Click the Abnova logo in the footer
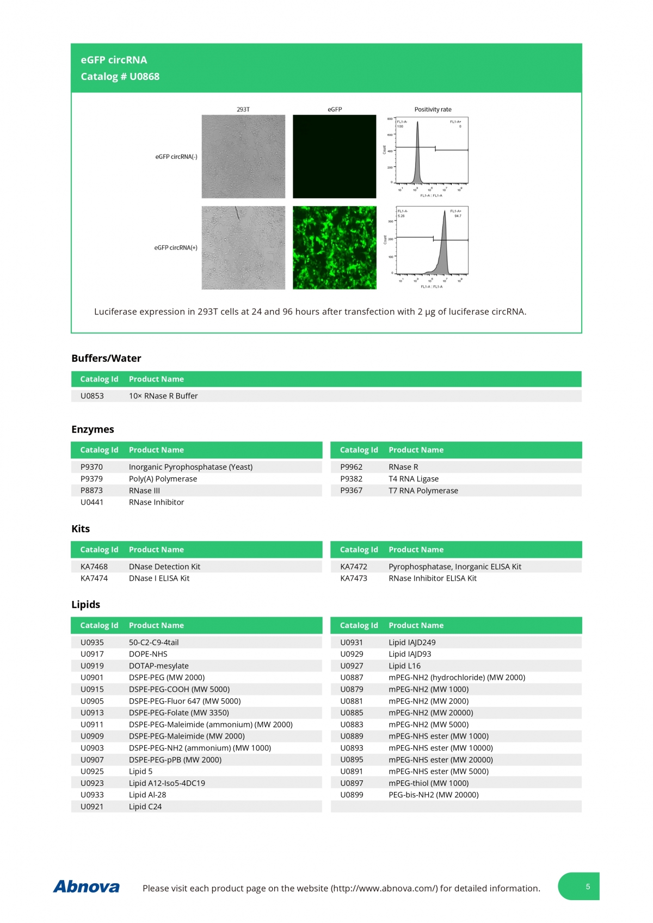pos(87,887)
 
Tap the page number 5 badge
pos(587,886)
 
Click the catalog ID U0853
pos(92,396)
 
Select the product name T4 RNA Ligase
pos(414,479)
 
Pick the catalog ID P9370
pos(91,467)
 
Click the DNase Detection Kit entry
pos(164,567)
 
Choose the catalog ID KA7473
pos(354,578)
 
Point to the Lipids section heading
pos(86,605)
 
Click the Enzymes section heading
pos(93,429)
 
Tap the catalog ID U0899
pos(352,795)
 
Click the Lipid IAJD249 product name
pos(412,642)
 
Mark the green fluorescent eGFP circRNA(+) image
pos(335,248)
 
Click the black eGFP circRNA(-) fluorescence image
pos(335,156)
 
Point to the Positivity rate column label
pos(433,109)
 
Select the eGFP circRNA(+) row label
pos(176,248)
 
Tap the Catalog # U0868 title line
pos(120,77)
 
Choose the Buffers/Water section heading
pos(106,358)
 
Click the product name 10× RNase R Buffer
pos(163,396)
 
